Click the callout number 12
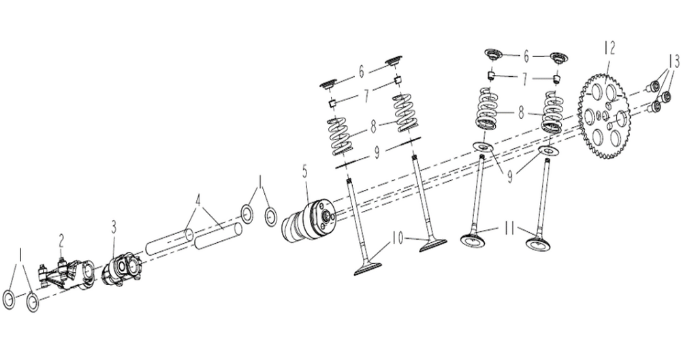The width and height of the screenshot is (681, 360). [609, 48]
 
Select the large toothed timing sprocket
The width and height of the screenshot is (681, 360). [606, 116]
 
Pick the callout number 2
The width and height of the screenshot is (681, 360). [61, 240]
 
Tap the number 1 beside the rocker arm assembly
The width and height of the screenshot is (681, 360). [20, 257]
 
